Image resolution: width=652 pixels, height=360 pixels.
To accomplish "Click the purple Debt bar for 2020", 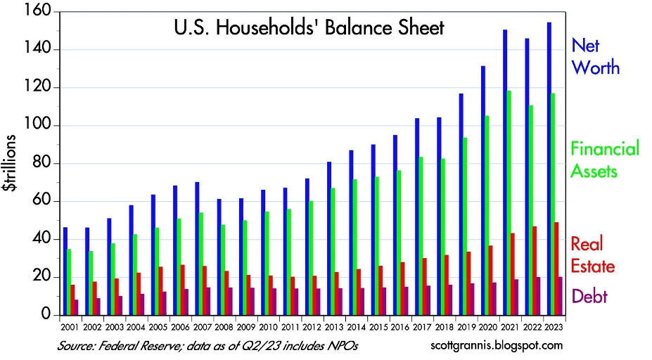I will tap(495, 299).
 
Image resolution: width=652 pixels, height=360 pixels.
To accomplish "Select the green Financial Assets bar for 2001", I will tap(69, 282).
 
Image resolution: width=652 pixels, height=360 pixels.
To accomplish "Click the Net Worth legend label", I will tap(595, 57).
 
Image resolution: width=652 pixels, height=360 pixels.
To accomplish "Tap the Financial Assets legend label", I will tap(605, 160).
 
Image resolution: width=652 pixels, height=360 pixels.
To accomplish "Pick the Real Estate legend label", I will tap(592, 255).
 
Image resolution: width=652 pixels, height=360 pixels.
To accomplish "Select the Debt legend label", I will tap(589, 296).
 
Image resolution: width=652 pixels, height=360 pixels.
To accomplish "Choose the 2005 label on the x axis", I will tap(158, 327).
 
